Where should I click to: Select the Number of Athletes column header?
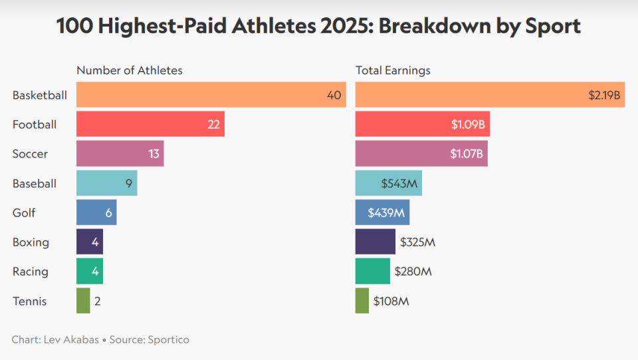click(130, 70)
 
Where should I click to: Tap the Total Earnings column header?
click(393, 70)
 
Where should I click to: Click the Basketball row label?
click(40, 95)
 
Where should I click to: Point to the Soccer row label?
click(30, 154)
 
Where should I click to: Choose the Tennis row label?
click(30, 301)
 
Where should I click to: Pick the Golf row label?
click(24, 213)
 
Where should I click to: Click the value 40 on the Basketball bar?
click(334, 95)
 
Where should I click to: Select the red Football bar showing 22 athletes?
click(150, 124)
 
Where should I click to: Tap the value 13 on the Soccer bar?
click(154, 154)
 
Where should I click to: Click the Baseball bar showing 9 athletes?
click(106, 183)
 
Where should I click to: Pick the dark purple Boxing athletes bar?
click(90, 242)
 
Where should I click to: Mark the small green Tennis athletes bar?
click(83, 301)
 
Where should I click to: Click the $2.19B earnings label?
click(604, 95)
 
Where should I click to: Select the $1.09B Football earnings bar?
click(422, 124)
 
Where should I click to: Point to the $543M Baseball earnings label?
click(399, 183)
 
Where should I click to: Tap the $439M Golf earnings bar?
click(382, 213)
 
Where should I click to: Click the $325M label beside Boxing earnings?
click(417, 242)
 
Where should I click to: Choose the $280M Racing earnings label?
click(413, 272)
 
